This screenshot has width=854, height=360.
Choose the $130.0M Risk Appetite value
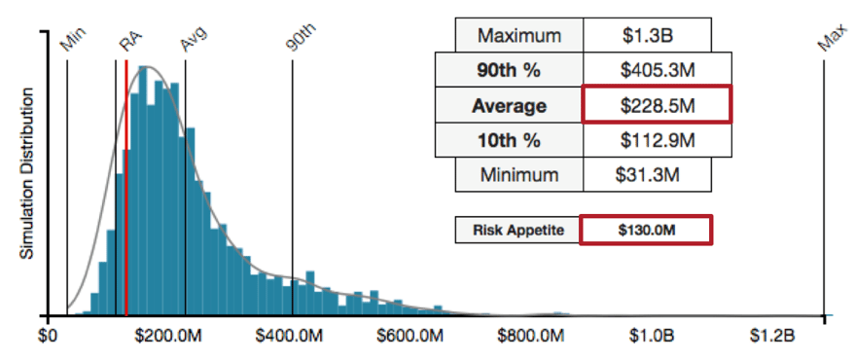tap(646, 231)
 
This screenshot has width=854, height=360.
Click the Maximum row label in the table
tap(519, 36)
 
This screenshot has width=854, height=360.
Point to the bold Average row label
tap(509, 105)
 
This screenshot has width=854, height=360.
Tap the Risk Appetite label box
tap(517, 231)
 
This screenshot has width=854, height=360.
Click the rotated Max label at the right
tap(830, 39)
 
